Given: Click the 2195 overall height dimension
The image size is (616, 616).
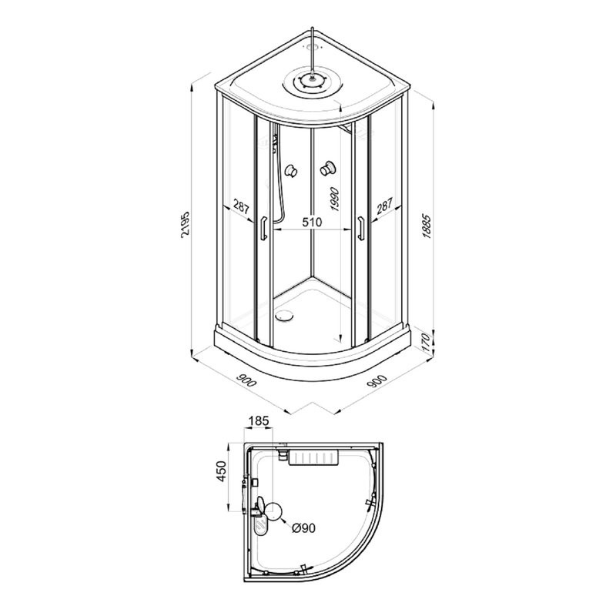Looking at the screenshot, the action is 186,225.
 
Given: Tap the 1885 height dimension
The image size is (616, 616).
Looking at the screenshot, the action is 427,226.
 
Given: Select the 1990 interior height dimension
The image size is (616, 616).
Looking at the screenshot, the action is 334,199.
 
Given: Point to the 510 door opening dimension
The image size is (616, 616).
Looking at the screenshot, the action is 312,222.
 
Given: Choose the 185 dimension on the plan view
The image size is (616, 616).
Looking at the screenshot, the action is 259,420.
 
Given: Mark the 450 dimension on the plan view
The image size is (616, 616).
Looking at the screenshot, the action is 222,471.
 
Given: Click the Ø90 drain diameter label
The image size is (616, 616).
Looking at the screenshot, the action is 303,528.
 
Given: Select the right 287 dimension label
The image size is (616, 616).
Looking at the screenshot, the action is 384,206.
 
